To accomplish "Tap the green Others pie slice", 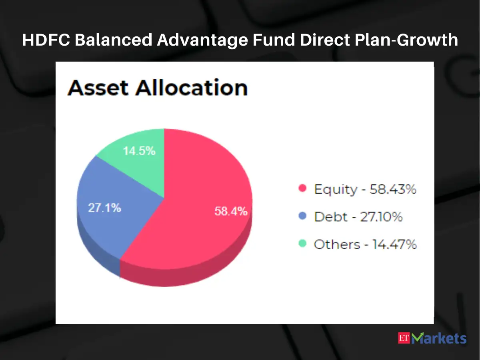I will coord(140,160).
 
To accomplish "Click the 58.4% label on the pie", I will coord(231,211).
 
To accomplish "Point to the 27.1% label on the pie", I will coord(104,208).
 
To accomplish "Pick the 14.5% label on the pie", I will coord(139,152).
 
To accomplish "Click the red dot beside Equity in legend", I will coord(302,188).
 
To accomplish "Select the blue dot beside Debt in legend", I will coord(302,216).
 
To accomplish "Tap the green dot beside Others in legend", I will coord(302,244).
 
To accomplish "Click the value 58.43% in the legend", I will coord(393,189).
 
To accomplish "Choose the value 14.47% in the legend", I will coord(394,244).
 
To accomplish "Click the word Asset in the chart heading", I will coord(99,88).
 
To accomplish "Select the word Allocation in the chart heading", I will coord(191,88).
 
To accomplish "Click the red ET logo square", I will coord(405,338).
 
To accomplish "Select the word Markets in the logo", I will coord(440,338).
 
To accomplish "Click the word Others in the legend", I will coord(337,244).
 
